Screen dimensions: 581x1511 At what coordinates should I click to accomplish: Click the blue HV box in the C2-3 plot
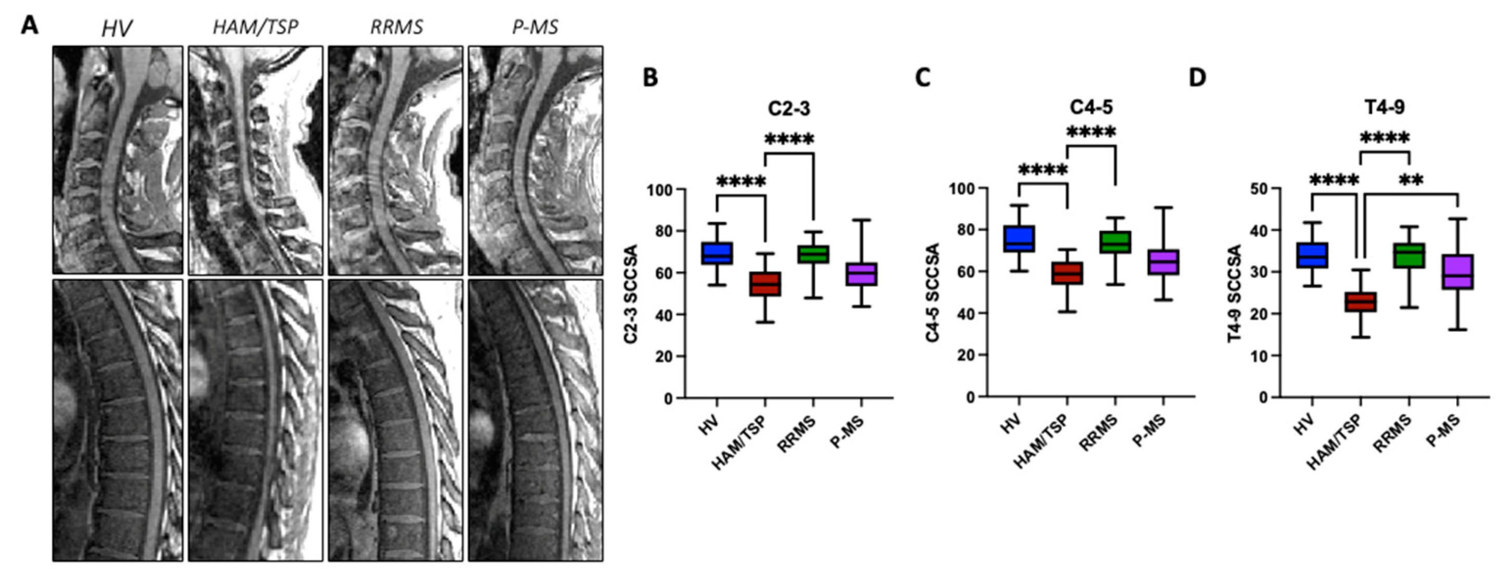click(717, 253)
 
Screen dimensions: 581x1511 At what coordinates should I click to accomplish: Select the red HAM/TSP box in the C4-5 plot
click(1067, 273)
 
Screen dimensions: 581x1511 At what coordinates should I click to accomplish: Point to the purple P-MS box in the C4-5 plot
click(1163, 262)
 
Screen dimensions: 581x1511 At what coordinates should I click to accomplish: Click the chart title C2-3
click(789, 109)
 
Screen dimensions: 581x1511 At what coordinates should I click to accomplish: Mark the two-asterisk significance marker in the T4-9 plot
click(1411, 180)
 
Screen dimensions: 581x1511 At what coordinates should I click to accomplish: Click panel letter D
click(1197, 78)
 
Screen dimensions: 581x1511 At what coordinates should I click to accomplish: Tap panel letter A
click(29, 25)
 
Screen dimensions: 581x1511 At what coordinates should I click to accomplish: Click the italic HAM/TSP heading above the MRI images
click(255, 27)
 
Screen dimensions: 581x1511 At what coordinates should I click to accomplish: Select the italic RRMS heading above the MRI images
click(396, 27)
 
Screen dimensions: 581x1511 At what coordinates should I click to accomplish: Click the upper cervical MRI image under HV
click(117, 160)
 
